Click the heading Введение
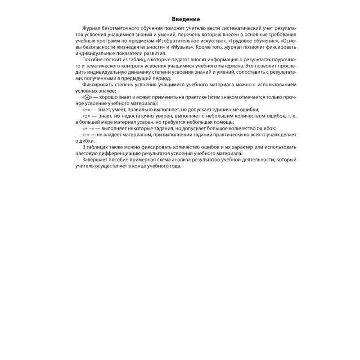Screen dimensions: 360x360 point(186,19)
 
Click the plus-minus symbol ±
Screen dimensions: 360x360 point(87,116)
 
